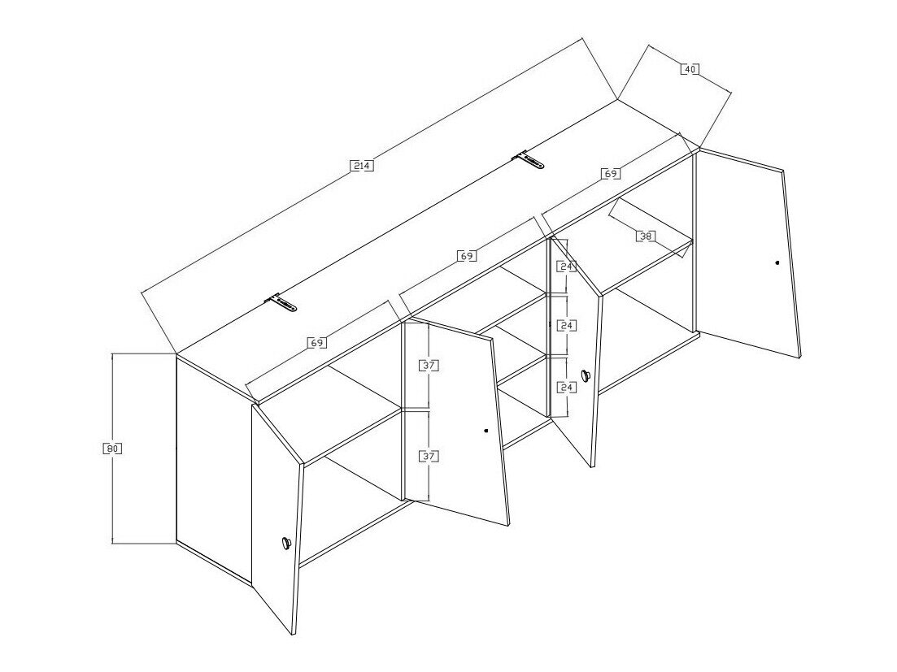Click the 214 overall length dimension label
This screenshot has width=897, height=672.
[362, 167]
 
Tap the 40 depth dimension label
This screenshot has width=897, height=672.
[690, 69]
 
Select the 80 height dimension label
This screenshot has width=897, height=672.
[112, 449]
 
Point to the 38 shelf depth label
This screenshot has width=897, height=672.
[646, 236]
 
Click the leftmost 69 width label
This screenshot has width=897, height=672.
[316, 344]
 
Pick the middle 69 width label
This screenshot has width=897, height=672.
[467, 256]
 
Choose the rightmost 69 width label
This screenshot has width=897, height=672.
[611, 173]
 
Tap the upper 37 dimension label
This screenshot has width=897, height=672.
[429, 365]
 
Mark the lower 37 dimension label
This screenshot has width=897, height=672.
[429, 456]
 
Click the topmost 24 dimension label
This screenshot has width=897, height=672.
[566, 267]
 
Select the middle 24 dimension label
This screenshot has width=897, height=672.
[566, 326]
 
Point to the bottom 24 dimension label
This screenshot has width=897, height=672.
[566, 388]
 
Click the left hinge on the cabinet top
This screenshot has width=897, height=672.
[281, 303]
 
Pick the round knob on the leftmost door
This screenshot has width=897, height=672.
[285, 543]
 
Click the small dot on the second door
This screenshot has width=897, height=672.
[486, 431]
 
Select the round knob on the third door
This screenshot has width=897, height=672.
[585, 375]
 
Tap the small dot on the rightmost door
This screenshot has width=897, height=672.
[777, 262]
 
